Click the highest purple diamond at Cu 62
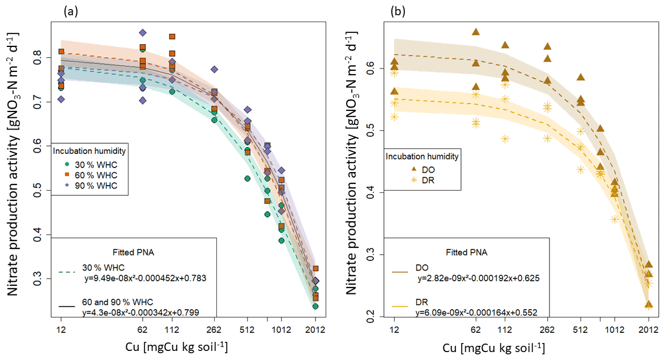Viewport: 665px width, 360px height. (143, 33)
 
